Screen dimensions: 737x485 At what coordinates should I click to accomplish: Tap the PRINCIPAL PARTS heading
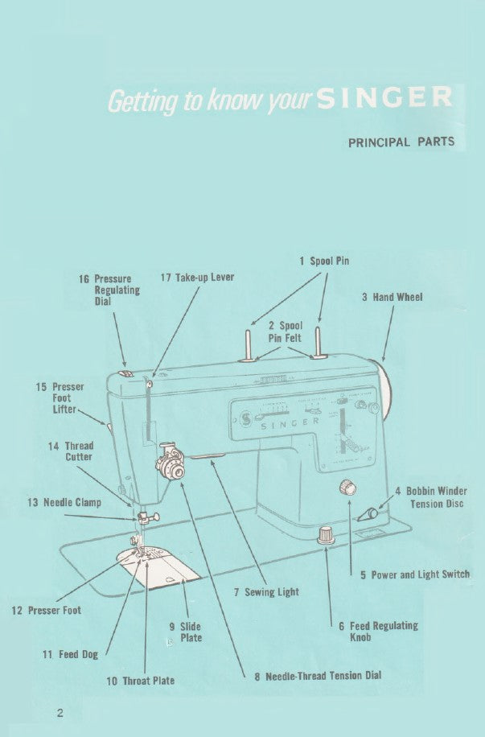pyautogui.click(x=401, y=142)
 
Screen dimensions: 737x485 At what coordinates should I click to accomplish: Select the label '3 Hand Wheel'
pyautogui.click(x=392, y=297)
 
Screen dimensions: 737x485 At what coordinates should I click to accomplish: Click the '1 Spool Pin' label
pyautogui.click(x=324, y=261)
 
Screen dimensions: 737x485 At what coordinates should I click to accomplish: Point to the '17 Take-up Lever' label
pyautogui.click(x=197, y=277)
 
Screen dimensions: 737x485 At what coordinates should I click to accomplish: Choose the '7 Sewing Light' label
pyautogui.click(x=266, y=592)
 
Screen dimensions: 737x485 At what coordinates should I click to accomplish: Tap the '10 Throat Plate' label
pyautogui.click(x=141, y=681)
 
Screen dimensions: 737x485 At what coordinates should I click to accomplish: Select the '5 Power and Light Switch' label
pyautogui.click(x=414, y=574)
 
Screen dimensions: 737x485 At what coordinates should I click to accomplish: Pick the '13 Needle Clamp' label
pyautogui.click(x=64, y=503)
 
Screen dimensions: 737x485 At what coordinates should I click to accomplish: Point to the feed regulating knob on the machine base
pyautogui.click(x=326, y=534)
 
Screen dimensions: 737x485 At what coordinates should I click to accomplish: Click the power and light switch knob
pyautogui.click(x=348, y=486)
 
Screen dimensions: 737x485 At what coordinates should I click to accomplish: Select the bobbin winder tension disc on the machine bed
pyautogui.click(x=370, y=513)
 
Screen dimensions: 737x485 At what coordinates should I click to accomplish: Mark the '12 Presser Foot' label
pyautogui.click(x=46, y=611)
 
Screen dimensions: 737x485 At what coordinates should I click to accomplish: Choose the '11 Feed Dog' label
pyautogui.click(x=70, y=654)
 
